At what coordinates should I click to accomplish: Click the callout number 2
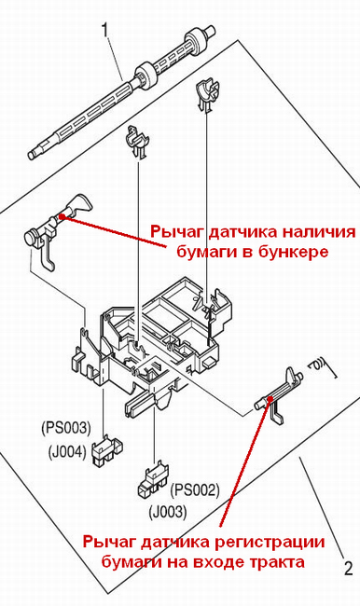pyautogui.click(x=349, y=569)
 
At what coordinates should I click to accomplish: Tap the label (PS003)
pyautogui.click(x=66, y=428)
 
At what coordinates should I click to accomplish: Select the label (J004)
pyautogui.click(x=67, y=452)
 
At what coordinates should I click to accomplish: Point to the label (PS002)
pyautogui.click(x=195, y=490)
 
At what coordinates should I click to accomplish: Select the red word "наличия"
pyautogui.click(x=318, y=232)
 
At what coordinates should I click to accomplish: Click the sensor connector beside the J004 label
pyautogui.click(x=107, y=449)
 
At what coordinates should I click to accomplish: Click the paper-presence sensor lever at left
pyautogui.click(x=57, y=228)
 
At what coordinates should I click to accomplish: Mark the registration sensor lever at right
pyautogui.click(x=279, y=395)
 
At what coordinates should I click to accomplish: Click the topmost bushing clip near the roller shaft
pyautogui.click(x=207, y=94)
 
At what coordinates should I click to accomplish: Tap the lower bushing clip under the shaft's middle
pyautogui.click(x=136, y=142)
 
